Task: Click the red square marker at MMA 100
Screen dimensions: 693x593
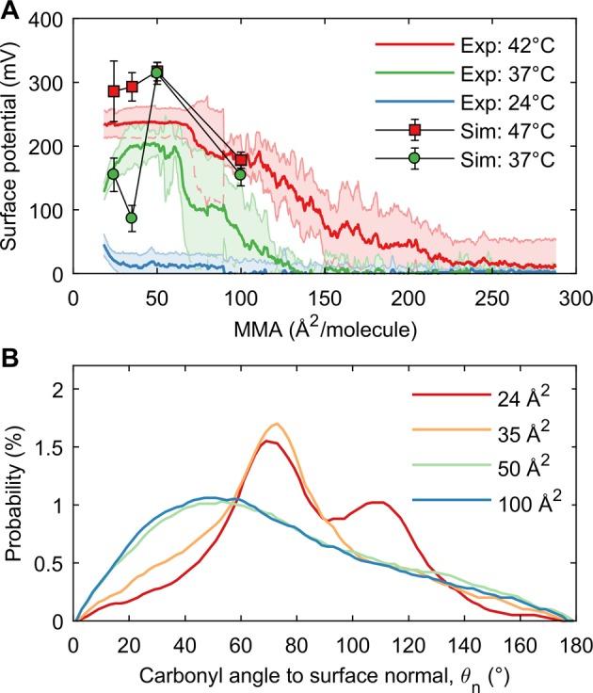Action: tap(241, 159)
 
